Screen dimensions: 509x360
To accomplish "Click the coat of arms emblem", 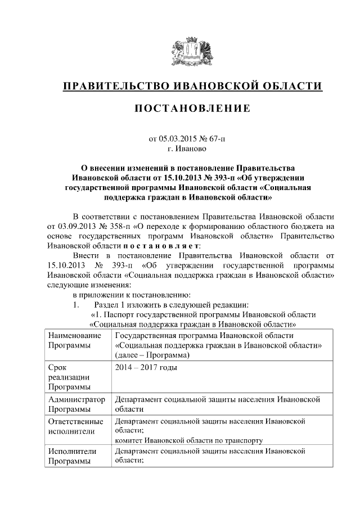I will [191, 53].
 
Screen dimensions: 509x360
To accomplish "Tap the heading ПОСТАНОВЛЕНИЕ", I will [191, 109].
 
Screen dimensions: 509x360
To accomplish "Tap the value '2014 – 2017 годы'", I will [146, 368].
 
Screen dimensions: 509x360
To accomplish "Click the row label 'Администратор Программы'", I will [76, 404].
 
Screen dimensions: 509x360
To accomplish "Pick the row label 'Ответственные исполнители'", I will [76, 427].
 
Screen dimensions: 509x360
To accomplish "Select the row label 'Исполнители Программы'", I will [72, 456].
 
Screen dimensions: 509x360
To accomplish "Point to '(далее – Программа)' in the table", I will [152, 355].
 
